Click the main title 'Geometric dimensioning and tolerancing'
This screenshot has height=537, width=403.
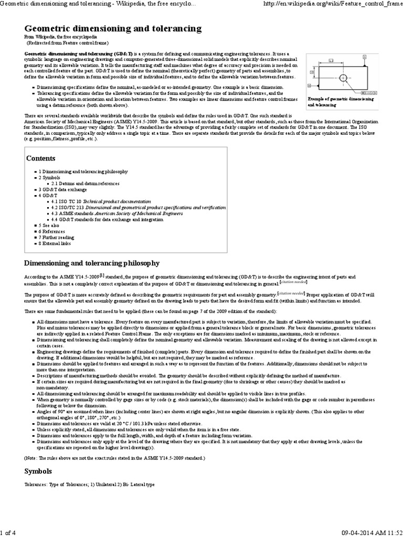pos(112,28)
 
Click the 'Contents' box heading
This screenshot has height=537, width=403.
pos(41,158)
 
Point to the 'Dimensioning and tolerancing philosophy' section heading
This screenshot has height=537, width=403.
pos(92,263)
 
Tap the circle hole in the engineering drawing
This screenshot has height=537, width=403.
pos(343,78)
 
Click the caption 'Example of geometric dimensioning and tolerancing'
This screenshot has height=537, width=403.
pos(341,102)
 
